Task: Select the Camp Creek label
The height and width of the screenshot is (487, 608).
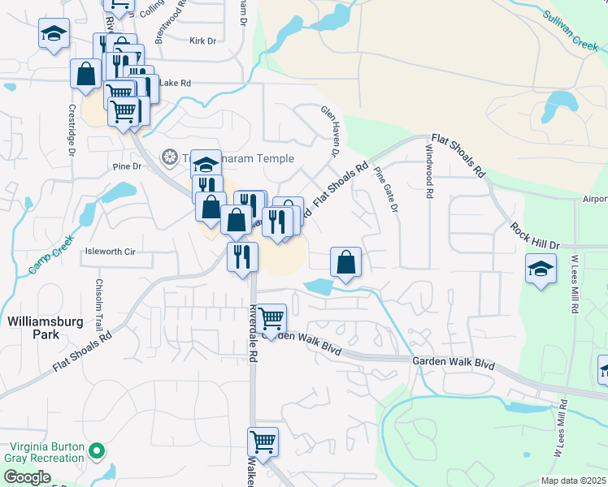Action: pos(50,254)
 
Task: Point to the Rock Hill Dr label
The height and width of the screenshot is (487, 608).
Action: pos(536,235)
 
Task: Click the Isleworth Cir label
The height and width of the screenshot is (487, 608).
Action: pos(110,252)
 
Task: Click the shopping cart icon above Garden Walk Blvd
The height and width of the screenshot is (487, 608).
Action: pos(271,317)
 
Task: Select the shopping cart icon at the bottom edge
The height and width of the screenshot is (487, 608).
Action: pos(263,442)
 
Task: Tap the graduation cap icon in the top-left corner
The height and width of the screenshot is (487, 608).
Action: pos(54,33)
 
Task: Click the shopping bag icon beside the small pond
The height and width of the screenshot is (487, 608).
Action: pos(345,261)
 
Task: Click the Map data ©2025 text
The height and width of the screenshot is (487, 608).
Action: pos(573,481)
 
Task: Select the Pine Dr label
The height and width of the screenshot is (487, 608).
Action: pos(128,166)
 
